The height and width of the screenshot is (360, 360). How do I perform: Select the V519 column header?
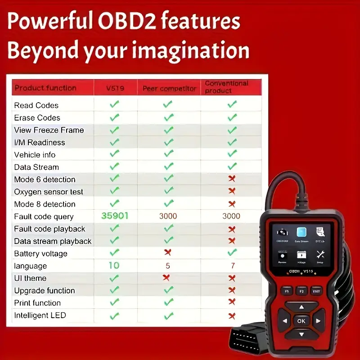[115, 88]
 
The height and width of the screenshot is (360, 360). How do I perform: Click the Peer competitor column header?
[169, 89]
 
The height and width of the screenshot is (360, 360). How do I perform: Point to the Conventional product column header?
[226, 87]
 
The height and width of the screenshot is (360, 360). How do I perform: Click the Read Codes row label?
[36, 105]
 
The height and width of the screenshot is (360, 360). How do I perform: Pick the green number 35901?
[115, 216]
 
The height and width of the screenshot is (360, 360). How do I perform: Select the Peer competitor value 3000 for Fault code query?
[168, 216]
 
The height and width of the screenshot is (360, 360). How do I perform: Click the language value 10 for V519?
[114, 265]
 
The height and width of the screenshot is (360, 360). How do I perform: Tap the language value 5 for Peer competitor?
[168, 266]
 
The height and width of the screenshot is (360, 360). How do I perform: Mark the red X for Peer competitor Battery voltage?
[168, 252]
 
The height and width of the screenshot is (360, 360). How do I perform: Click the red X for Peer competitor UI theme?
[166, 277]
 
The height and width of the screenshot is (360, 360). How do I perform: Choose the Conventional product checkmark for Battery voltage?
[231, 252]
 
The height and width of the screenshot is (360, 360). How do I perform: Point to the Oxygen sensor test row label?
[49, 192]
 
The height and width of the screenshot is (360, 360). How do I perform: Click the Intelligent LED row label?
[40, 315]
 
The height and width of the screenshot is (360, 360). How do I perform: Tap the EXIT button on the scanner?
[317, 291]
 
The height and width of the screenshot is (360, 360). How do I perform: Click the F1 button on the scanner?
[286, 291]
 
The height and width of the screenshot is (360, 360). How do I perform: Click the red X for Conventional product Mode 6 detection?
[232, 179]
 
